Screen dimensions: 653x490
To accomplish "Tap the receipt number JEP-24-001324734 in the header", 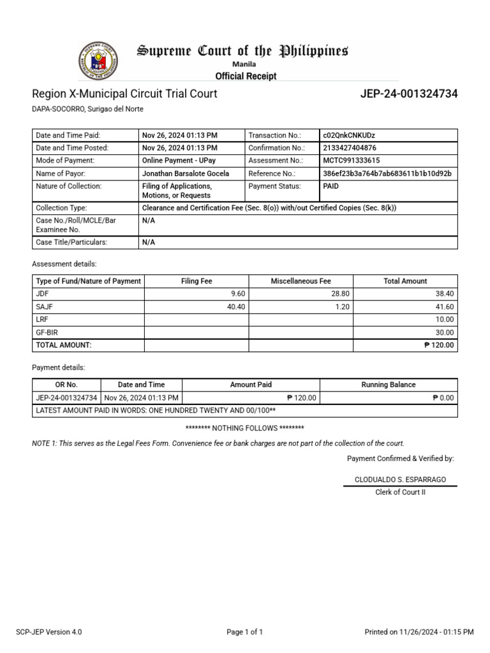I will (x=408, y=94).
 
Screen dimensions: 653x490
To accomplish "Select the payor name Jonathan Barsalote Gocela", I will (x=186, y=173).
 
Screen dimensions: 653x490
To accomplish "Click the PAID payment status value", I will (x=331, y=186).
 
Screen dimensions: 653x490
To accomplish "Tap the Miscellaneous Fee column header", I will (x=301, y=281).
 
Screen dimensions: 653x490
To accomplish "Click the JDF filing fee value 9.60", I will (x=238, y=293).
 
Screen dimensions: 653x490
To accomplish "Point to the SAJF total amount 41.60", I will (x=444, y=306).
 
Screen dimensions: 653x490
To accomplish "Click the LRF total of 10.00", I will (x=445, y=319).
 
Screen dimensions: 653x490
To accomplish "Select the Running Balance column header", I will (x=388, y=385).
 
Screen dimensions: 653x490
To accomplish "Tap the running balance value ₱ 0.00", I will (x=443, y=397).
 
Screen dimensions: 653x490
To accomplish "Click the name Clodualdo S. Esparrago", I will (x=400, y=479).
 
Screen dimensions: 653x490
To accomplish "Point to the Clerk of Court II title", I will (x=400, y=492).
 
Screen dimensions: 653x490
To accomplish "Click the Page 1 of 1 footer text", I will (x=245, y=632).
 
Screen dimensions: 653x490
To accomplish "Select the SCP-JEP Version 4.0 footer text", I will (x=49, y=632).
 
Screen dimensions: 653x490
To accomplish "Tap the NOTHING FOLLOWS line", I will (x=244, y=428).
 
